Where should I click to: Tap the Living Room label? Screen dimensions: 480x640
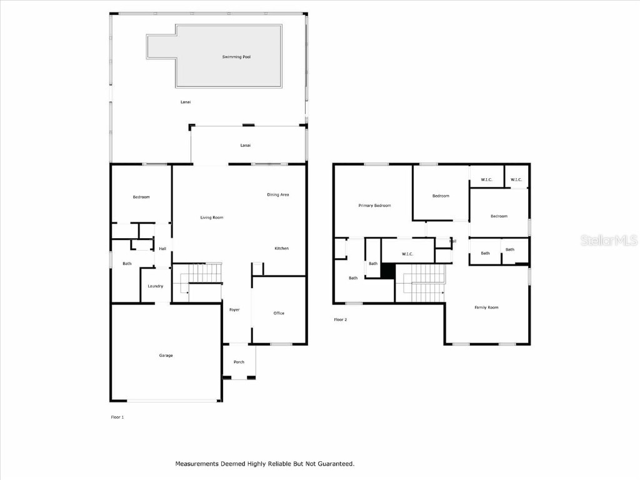212,217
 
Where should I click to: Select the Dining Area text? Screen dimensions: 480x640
278,194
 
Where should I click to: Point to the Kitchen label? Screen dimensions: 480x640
282,249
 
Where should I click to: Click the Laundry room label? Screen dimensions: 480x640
156,286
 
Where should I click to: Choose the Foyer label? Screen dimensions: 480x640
234,310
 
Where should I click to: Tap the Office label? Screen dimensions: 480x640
279,313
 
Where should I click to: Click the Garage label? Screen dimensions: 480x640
166,356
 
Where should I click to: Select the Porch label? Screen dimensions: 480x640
239,362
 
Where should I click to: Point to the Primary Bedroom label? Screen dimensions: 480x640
374,206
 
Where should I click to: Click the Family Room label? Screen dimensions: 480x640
486,307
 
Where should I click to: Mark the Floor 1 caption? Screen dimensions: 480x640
117,417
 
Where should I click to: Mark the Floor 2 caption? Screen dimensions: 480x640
340,319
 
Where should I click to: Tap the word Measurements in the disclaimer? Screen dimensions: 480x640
197,464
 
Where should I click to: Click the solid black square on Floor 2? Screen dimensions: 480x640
388,271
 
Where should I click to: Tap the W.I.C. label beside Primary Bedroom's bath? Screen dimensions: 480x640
407,254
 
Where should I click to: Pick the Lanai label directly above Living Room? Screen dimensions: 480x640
246,146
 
